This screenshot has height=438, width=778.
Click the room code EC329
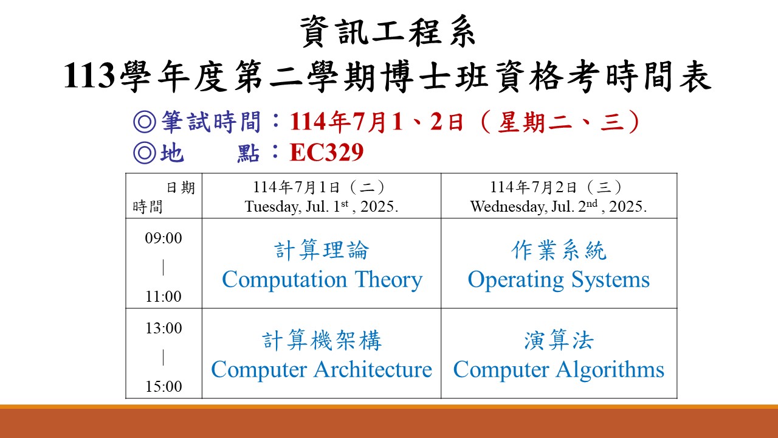coord(327,152)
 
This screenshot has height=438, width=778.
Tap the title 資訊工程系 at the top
coord(388,31)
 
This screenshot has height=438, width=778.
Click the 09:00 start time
coord(164,238)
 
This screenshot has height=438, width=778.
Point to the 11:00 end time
coord(164,296)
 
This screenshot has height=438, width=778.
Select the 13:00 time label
coord(164,328)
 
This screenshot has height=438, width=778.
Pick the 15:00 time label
coord(164,386)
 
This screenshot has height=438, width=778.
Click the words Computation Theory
coord(322,280)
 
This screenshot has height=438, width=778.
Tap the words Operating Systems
coord(559,280)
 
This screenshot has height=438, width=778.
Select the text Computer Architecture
coord(322,369)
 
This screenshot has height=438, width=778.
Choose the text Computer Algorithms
coord(559,370)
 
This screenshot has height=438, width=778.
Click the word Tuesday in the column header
coord(273,207)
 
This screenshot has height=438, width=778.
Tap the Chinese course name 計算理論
coord(322,250)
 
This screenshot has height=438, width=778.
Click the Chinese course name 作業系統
coord(559,250)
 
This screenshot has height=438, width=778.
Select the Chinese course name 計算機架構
coord(322,340)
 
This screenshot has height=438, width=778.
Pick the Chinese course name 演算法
coord(559,340)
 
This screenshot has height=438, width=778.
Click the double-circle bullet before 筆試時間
coord(145,122)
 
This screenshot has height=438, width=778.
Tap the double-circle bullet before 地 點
coord(145,153)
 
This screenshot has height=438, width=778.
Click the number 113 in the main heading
coord(89,75)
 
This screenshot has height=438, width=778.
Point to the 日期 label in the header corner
coord(181,188)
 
